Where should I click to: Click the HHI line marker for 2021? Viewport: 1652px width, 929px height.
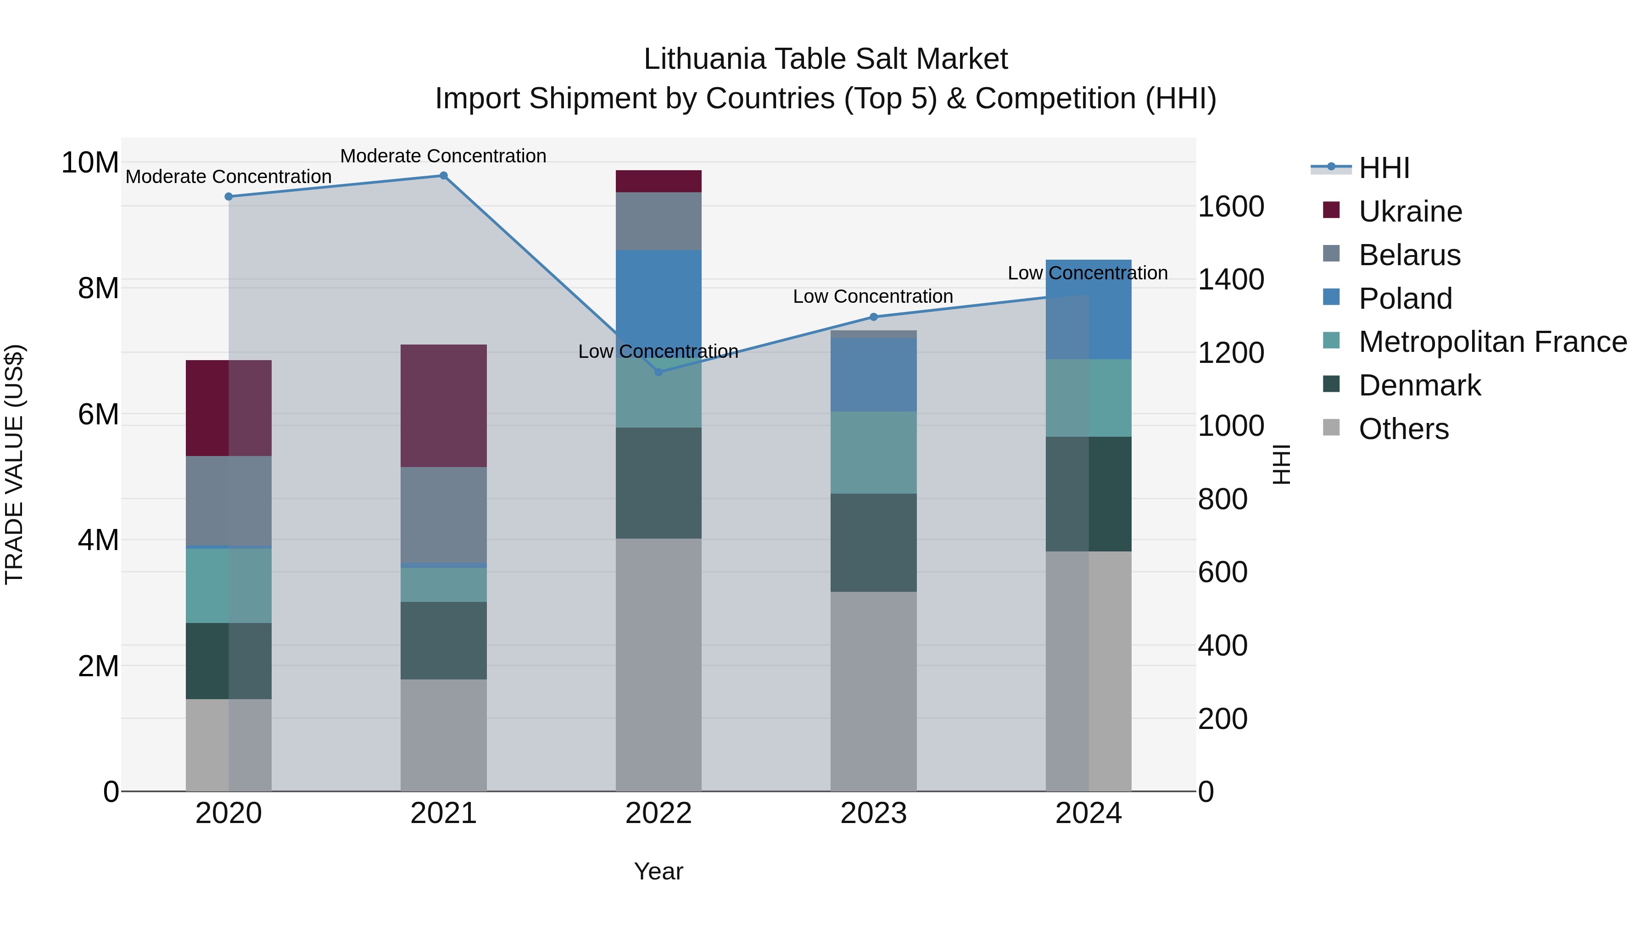443,176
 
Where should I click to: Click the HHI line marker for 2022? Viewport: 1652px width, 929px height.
658,372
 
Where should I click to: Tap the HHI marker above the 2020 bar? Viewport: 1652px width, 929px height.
229,197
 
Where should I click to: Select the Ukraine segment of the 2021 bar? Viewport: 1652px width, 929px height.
443,406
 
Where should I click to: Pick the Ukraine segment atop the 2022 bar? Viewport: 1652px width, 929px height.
658,181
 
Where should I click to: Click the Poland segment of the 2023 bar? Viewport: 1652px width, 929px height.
873,375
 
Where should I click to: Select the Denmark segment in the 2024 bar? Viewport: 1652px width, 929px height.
1088,494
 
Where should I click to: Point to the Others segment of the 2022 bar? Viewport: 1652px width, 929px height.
658,664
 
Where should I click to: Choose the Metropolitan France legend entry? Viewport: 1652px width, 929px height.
1492,342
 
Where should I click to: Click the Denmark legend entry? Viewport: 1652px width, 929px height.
1419,385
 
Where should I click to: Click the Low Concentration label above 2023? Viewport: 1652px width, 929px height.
873,296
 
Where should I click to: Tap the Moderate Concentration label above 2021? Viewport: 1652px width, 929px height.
443,156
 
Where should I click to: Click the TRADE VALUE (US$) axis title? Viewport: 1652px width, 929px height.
14,464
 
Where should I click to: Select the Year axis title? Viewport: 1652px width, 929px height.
658,871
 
